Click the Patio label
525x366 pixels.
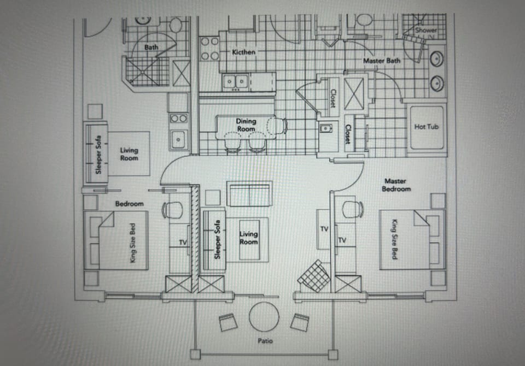coord(265,341)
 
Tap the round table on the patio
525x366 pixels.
coord(265,316)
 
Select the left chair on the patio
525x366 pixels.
coord(229,323)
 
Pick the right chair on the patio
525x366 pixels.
coord(299,322)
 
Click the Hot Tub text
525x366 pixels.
coord(427,127)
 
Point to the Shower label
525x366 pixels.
coord(426,31)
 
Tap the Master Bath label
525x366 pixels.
coord(382,61)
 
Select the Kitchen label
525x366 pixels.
coord(243,52)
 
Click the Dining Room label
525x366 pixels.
coord(246,125)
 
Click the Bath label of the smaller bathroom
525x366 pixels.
coord(151,48)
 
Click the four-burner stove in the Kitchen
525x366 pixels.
coord(209,48)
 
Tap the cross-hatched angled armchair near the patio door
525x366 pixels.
coord(314,276)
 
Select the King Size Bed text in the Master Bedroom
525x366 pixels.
coord(393,239)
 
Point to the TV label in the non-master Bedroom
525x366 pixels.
coord(184,242)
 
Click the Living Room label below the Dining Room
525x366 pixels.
coord(249,238)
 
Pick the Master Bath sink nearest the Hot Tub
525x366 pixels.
coord(437,83)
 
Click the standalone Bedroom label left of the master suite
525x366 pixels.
coord(130,204)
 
